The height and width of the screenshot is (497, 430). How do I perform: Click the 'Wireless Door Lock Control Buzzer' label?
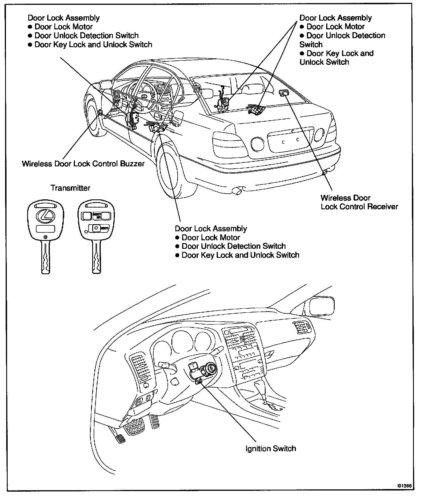pyautogui.click(x=83, y=164)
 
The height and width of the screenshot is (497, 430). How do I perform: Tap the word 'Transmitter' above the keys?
pyautogui.click(x=70, y=188)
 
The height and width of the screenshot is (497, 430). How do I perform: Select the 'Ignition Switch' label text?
pyautogui.click(x=271, y=448)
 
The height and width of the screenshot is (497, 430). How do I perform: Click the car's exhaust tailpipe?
pyautogui.click(x=237, y=191)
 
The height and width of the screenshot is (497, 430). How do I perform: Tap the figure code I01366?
pyautogui.click(x=405, y=485)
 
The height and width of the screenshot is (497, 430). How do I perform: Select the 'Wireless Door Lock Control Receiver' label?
pyautogui.click(x=359, y=202)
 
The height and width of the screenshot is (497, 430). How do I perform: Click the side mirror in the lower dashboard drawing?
pyautogui.click(x=322, y=306)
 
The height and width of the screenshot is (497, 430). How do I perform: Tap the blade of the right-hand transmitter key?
pyautogui.click(x=97, y=257)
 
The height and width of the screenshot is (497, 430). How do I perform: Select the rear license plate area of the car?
pyautogui.click(x=291, y=140)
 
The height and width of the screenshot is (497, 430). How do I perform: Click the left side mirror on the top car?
pyautogui.click(x=105, y=84)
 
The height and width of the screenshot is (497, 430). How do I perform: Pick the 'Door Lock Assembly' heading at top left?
pyautogui.click(x=64, y=18)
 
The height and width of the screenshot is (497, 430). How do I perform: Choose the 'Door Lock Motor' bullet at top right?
pyautogui.click(x=336, y=27)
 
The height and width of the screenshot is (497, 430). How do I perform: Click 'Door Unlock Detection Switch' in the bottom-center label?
pyautogui.click(x=233, y=246)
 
